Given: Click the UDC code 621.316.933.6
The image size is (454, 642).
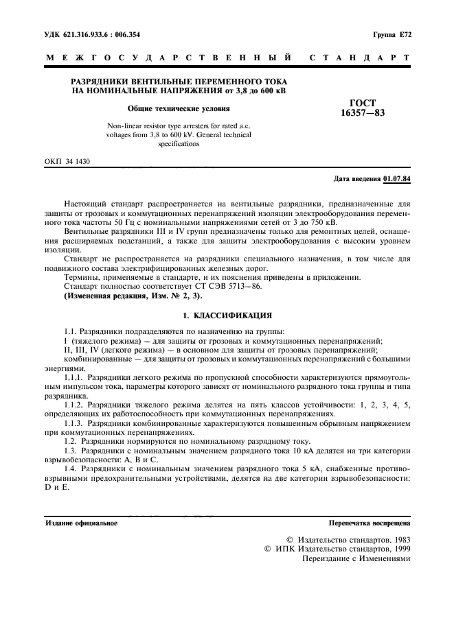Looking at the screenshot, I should [x=85, y=34].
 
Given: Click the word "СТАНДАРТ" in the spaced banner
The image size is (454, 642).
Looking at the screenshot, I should [x=361, y=59].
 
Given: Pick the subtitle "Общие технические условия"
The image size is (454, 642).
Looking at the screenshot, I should [x=179, y=108].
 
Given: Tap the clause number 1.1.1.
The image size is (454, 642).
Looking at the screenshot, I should [x=73, y=378].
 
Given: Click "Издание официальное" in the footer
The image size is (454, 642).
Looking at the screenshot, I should [x=81, y=523].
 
